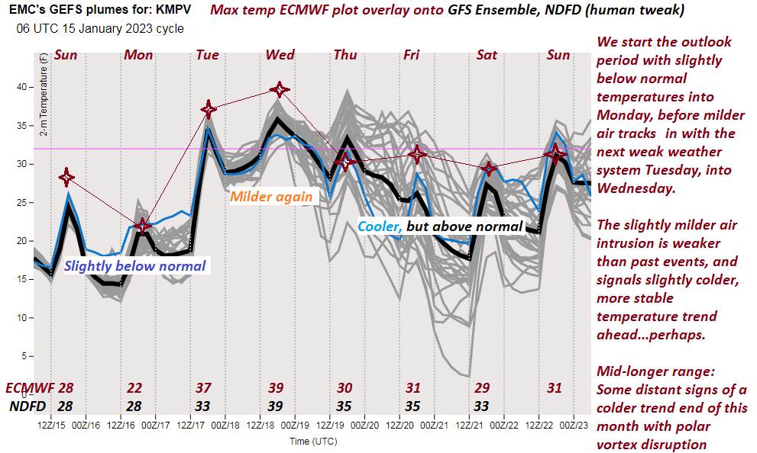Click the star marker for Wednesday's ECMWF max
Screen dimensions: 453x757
click(x=280, y=90)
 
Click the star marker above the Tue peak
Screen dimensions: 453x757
click(x=209, y=110)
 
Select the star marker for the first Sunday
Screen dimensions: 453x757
click(x=67, y=178)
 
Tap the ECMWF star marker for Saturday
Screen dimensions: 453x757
click(x=489, y=169)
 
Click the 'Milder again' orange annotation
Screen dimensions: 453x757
click(x=271, y=197)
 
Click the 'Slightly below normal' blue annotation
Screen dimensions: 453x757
click(x=134, y=266)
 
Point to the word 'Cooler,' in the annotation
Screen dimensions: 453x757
click(x=380, y=226)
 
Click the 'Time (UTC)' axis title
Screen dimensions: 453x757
click(x=313, y=441)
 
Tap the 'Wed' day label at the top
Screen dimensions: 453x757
click(x=280, y=55)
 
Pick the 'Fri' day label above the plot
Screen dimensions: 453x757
click(x=412, y=55)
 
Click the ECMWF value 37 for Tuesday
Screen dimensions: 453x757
click(x=203, y=388)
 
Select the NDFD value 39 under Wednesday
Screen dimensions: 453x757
click(x=275, y=406)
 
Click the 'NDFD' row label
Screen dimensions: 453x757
click(x=27, y=406)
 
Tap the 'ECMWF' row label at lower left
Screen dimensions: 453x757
click(x=30, y=388)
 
